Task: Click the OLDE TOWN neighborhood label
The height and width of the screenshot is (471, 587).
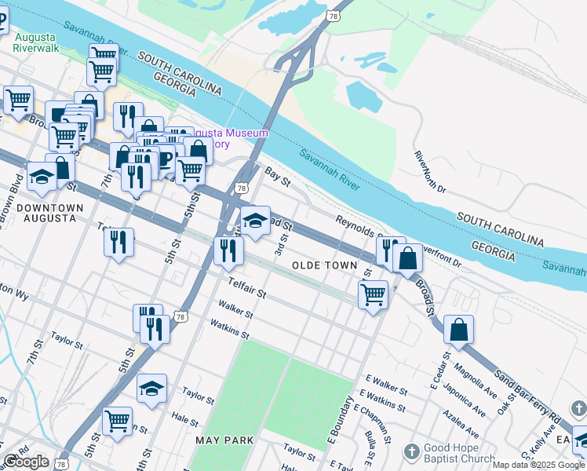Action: pos(324,266)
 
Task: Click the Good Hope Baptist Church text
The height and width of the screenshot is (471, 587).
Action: pos(460,453)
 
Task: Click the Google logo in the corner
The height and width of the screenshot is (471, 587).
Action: pos(26,462)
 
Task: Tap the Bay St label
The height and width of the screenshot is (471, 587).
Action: pos(278,176)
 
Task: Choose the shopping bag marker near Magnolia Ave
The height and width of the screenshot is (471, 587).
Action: pos(458,330)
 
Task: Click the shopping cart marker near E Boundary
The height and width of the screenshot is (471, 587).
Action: pos(374,295)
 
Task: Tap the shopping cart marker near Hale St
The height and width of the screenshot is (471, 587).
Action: pos(118,420)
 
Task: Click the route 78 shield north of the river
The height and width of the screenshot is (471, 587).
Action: pos(334,16)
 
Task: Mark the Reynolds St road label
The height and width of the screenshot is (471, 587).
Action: pos(357,225)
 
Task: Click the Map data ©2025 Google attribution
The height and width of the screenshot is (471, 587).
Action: pos(538,465)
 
